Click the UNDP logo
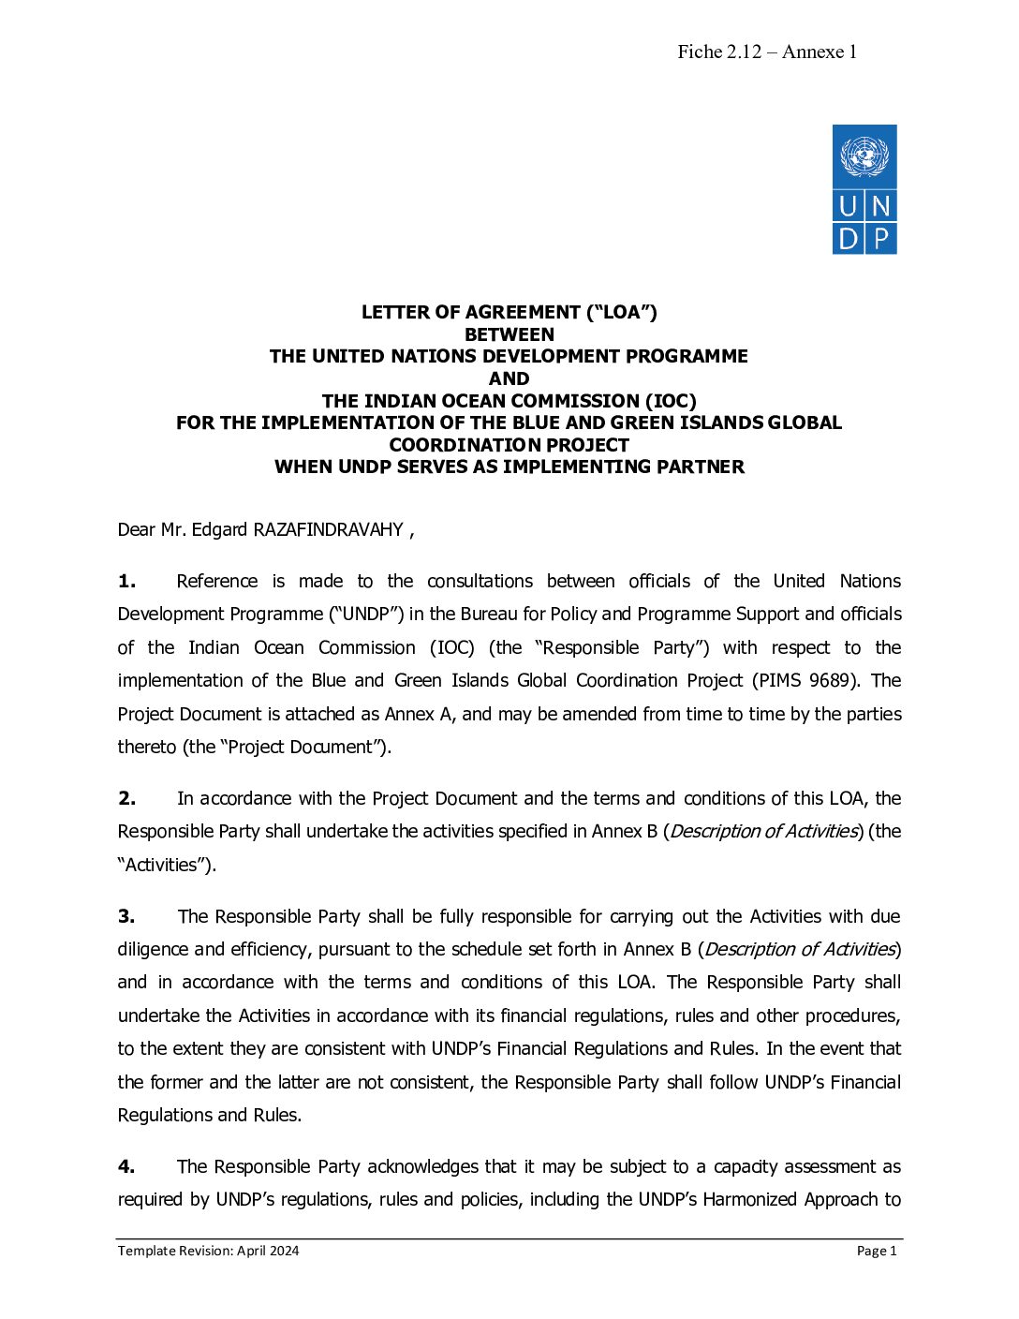(x=864, y=189)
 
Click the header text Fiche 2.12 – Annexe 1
(x=767, y=52)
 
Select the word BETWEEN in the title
(x=509, y=334)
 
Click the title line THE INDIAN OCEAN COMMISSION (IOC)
(x=509, y=401)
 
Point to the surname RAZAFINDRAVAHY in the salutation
(x=328, y=530)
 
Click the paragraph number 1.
(x=126, y=582)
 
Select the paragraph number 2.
(x=126, y=799)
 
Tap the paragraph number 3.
(x=126, y=916)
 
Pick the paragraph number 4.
(x=126, y=1166)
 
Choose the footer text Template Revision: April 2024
(x=208, y=1251)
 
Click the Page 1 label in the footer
(x=877, y=1251)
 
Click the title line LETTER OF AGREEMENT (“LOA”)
(x=509, y=313)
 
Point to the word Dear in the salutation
(x=137, y=530)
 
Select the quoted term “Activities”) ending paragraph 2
(x=167, y=866)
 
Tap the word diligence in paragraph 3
(x=153, y=950)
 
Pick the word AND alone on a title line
(x=509, y=378)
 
